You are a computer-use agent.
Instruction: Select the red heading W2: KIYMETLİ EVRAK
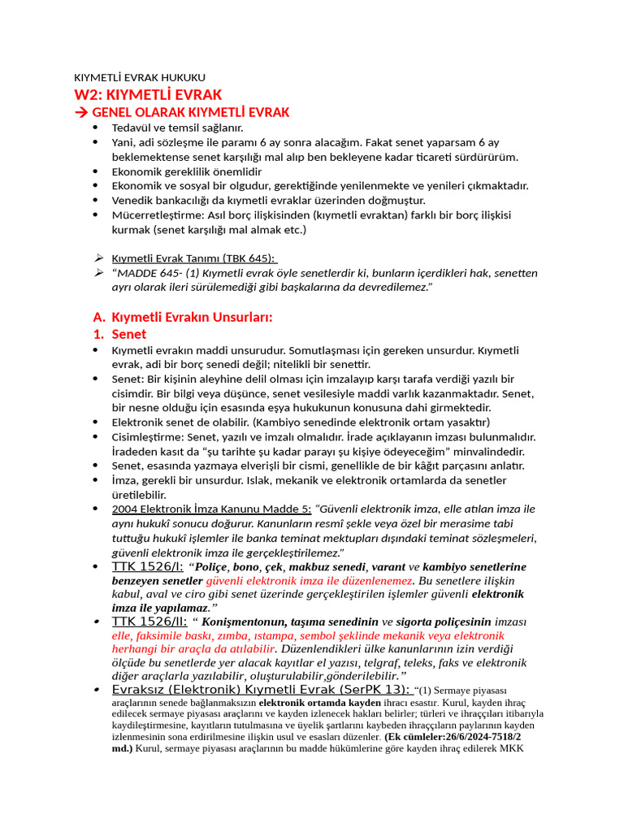click(148, 94)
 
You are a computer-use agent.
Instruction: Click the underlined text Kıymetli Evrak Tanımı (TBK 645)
click(193, 258)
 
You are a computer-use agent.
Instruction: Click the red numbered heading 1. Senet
click(119, 334)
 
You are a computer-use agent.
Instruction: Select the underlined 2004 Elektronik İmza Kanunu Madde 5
click(211, 509)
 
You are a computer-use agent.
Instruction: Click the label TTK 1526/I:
click(147, 566)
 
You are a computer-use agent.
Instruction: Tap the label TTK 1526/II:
click(149, 622)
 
